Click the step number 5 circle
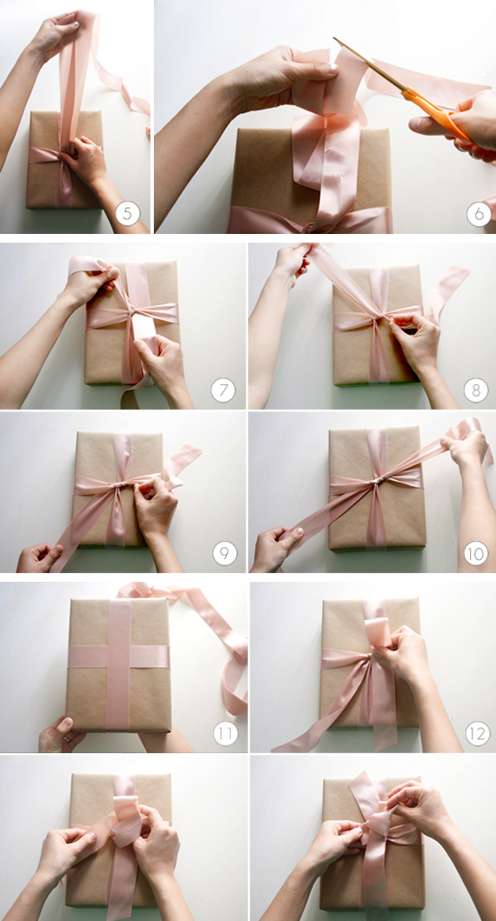[128, 213]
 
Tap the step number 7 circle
[224, 390]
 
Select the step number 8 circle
[475, 390]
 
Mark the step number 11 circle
[225, 733]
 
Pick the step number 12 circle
[475, 733]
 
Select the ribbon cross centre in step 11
[118, 657]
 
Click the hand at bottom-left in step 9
[38, 557]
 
